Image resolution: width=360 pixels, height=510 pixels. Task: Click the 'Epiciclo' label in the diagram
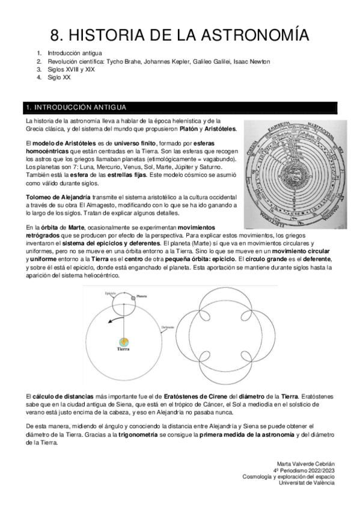109,293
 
